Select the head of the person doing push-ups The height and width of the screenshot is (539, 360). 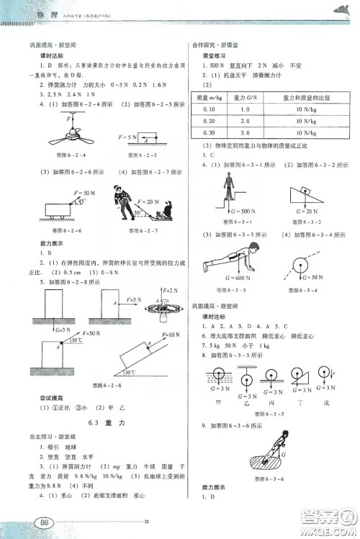click(x=254, y=249)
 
